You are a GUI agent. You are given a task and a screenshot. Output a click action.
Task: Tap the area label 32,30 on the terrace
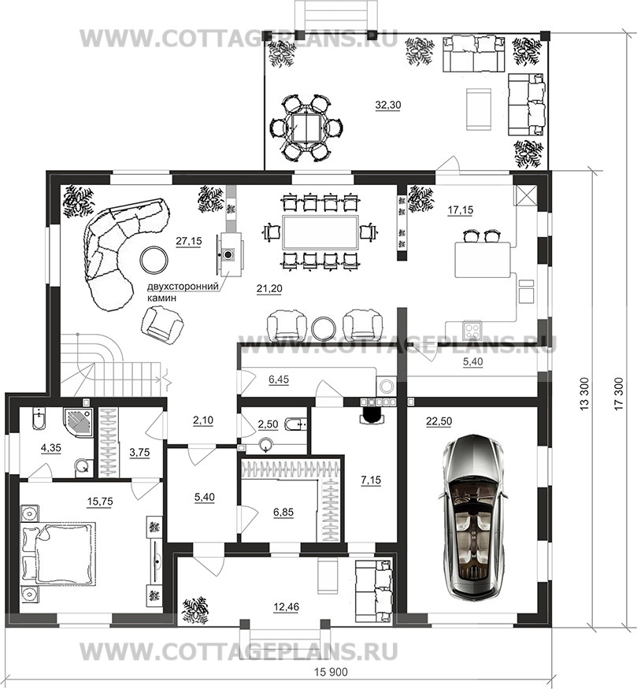pyautogui.click(x=388, y=105)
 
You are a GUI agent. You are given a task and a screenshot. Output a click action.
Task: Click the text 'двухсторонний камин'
pyautogui.click(x=183, y=292)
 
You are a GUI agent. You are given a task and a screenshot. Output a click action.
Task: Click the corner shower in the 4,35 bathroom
pyautogui.click(x=78, y=421)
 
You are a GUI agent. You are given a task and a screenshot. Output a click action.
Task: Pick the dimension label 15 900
pyautogui.click(x=331, y=672)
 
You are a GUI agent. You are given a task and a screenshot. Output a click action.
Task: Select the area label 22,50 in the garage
pyautogui.click(x=439, y=422)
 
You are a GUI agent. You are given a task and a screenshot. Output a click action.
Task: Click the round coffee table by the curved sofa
pyautogui.click(x=154, y=260)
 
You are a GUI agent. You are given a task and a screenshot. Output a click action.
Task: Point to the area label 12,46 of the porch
pyautogui.click(x=287, y=608)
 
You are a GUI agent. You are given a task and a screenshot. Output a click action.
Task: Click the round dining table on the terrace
pyautogui.click(x=306, y=127)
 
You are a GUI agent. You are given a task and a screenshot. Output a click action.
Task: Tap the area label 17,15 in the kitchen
pyautogui.click(x=461, y=210)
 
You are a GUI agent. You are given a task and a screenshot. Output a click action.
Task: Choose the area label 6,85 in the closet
pyautogui.click(x=283, y=513)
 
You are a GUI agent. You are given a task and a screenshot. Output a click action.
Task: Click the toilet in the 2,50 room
pyautogui.click(x=295, y=425)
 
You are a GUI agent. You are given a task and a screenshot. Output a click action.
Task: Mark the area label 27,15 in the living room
pyautogui.click(x=189, y=241)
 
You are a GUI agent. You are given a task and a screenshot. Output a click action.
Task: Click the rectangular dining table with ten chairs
pyautogui.click(x=319, y=232)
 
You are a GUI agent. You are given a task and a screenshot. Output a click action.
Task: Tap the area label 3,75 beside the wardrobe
pyautogui.click(x=139, y=452)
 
